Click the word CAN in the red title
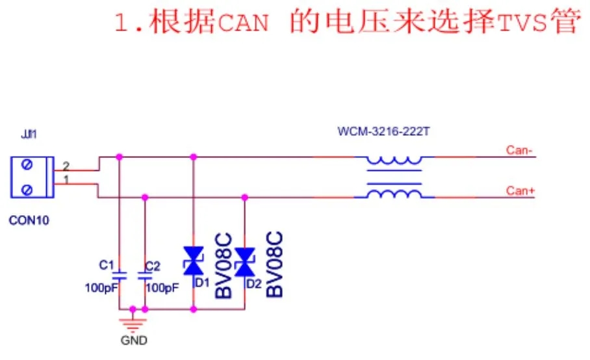[x=240, y=23]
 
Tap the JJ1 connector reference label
[x=29, y=136]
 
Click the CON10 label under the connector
[x=29, y=220]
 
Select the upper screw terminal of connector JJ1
[x=27, y=166]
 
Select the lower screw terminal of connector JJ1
[x=27, y=189]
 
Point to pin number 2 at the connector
[x=66, y=167]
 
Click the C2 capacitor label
[x=153, y=266]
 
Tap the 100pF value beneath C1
[x=100, y=287]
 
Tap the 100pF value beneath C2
[x=162, y=287]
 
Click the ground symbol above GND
[x=133, y=323]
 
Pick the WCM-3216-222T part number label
[x=383, y=132]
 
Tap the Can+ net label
[x=520, y=190]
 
